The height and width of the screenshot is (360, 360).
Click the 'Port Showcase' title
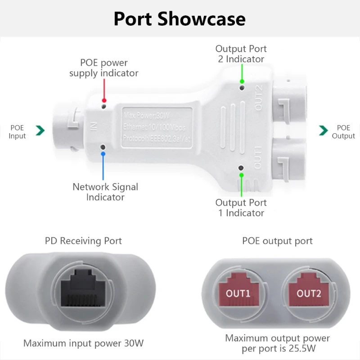tap(180, 19)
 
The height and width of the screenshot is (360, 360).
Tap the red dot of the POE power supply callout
tap(104, 100)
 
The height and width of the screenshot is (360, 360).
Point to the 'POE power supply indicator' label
tap(104, 68)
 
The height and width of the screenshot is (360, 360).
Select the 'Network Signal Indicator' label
tap(105, 192)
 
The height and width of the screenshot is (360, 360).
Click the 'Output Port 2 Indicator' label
tap(241, 54)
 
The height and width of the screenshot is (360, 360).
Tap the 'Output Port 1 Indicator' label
tap(241, 207)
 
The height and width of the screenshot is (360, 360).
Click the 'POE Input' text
tap(18, 132)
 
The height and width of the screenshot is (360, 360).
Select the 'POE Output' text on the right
tap(343, 132)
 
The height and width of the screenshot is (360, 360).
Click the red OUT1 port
tap(238, 293)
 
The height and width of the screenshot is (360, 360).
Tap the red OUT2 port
tap(309, 293)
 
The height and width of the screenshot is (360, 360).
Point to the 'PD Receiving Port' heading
tap(83, 241)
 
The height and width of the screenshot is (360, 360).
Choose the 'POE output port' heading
tap(277, 241)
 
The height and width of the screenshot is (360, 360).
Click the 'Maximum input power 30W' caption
tap(83, 343)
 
